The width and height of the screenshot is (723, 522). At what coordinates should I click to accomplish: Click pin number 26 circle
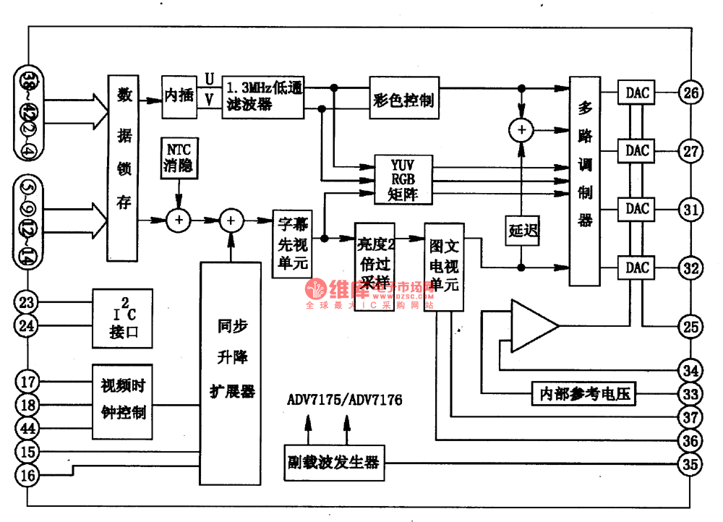(x=691, y=93)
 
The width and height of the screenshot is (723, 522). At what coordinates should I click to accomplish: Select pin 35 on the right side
(x=691, y=463)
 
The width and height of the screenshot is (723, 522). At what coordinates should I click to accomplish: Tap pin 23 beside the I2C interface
(x=27, y=302)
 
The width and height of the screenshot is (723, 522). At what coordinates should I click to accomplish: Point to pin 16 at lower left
(x=27, y=475)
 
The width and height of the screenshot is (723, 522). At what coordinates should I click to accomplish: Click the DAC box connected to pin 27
(x=637, y=150)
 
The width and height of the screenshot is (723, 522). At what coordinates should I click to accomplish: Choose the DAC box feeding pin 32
(x=637, y=268)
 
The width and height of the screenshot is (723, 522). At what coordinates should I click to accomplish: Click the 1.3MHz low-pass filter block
(x=263, y=95)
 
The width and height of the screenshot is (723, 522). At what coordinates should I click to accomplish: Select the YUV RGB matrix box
(x=402, y=179)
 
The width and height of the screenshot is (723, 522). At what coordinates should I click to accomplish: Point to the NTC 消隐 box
(x=179, y=157)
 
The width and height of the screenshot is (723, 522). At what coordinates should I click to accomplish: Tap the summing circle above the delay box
(x=521, y=129)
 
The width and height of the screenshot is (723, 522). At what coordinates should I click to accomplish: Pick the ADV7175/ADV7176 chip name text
(x=345, y=400)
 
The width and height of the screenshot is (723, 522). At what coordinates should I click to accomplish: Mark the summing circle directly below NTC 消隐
(x=178, y=219)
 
